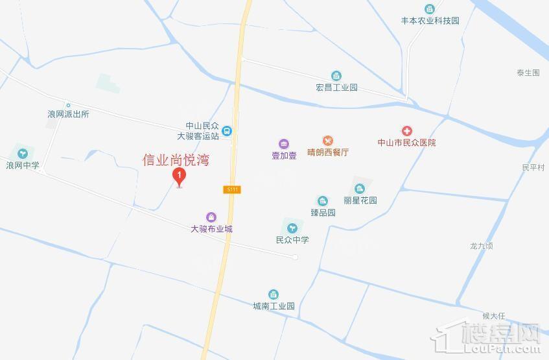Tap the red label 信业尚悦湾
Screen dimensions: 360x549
(176, 160)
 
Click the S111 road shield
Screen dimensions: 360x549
(233, 189)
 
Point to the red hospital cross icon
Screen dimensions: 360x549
(407, 131)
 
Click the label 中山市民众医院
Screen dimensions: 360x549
(407, 143)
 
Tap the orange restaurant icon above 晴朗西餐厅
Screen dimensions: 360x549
(328, 141)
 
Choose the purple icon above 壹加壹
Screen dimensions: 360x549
(283, 144)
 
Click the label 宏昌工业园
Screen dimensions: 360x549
(336, 88)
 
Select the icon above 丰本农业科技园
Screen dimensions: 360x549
(429, 9)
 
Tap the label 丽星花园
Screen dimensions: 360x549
(360, 200)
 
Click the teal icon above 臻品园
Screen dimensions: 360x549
(322, 200)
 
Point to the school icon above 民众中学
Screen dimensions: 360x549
(292, 227)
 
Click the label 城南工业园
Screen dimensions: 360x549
(274, 306)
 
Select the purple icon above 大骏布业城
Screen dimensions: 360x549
(211, 217)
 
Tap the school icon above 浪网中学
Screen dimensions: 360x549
(23, 154)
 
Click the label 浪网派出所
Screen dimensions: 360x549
(68, 114)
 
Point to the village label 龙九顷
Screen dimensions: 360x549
(482, 246)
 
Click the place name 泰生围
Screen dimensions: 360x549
(528, 73)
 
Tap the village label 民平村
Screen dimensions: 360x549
(533, 167)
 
